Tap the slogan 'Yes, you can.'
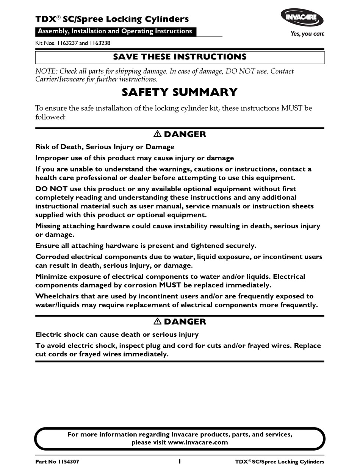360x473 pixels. coord(307,34)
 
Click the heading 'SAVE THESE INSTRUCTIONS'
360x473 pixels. coord(180,57)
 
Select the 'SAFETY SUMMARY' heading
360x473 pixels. coord(180,92)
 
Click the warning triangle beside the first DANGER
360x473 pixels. coord(157,134)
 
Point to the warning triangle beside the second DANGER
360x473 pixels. coord(157,322)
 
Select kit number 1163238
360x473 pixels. coord(100,43)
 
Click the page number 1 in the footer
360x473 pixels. coord(180,461)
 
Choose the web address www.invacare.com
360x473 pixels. coord(198,442)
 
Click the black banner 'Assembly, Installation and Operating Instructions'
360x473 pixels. coord(116,31)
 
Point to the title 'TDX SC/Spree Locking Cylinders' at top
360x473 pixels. coord(112,19)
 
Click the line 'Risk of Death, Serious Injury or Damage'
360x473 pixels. coord(105,147)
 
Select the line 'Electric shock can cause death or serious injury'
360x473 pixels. coord(117,334)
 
